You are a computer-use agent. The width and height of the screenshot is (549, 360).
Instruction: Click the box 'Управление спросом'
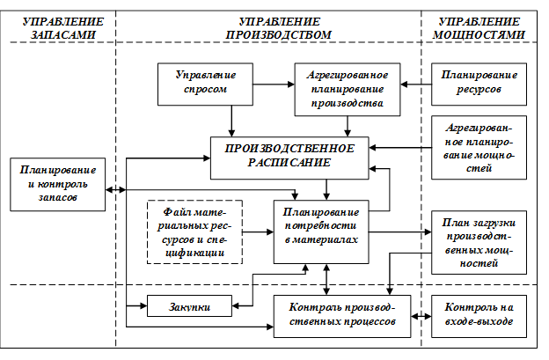(x=201, y=84)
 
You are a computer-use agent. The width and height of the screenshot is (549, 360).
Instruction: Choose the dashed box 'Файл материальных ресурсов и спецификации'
(x=194, y=231)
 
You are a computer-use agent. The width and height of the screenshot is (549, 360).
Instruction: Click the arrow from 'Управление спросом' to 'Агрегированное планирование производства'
(x=272, y=84)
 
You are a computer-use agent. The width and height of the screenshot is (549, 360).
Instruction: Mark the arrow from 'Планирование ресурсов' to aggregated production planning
(x=414, y=84)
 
